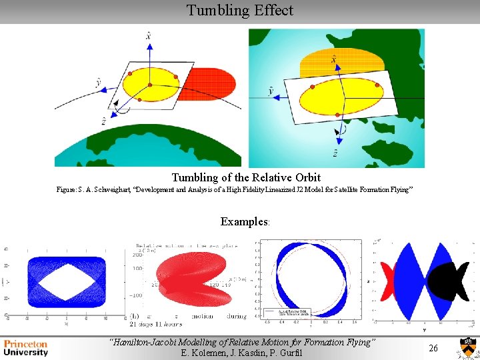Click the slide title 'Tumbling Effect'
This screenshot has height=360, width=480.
tap(239, 11)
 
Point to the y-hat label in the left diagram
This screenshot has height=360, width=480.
tap(98, 83)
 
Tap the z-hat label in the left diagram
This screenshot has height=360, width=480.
tap(105, 121)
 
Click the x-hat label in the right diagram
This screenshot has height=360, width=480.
tap(333, 60)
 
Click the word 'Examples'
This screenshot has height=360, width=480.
tap(243, 222)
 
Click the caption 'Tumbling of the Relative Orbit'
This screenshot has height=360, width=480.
tap(246, 177)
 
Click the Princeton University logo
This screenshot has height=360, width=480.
tap(27, 348)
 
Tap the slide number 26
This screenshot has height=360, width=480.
tap(433, 349)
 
